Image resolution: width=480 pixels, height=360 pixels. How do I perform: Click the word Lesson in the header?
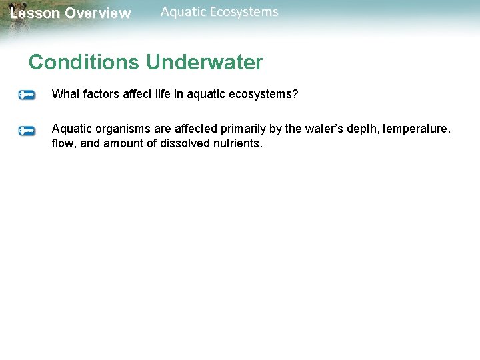click(x=35, y=13)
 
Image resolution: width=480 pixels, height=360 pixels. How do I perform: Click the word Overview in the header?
click(x=98, y=13)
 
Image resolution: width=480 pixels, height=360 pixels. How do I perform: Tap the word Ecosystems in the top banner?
click(x=248, y=12)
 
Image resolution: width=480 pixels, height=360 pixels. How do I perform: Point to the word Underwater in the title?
click(x=205, y=63)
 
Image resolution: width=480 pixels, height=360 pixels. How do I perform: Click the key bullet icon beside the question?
click(x=27, y=95)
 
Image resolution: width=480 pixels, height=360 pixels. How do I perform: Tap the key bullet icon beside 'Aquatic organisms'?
click(x=27, y=131)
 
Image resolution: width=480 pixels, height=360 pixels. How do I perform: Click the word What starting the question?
click(x=65, y=95)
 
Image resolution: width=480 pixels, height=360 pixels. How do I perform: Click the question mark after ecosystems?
click(x=295, y=95)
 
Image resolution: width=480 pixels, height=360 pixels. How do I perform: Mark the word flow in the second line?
click(x=63, y=143)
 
